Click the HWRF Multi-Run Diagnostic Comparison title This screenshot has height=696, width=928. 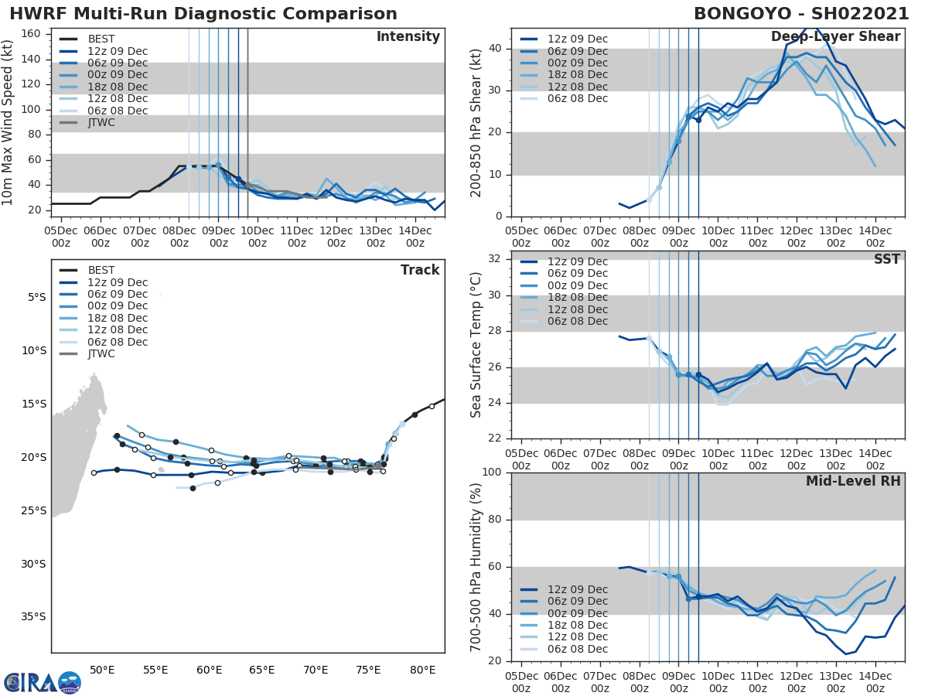pos(203,14)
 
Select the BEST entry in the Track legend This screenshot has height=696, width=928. pos(101,270)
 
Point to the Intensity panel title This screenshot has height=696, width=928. pos(408,37)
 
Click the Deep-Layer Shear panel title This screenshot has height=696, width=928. pos(835,37)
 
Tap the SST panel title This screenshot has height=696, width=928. pos(887,259)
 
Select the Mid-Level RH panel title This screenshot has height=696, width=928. pos(853,481)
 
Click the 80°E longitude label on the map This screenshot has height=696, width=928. pos(422,669)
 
